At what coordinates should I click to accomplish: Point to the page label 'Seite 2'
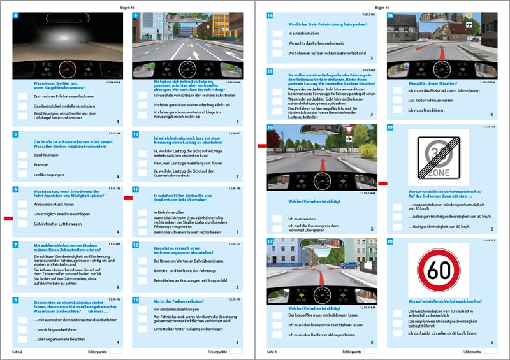[17, 352]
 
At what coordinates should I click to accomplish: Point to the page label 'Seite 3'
[272, 352]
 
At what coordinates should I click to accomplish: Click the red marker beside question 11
[127, 198]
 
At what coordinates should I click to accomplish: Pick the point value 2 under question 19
[492, 229]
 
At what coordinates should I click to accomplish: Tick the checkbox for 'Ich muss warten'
[277, 218]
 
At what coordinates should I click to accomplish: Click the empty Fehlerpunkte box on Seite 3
[371, 352]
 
